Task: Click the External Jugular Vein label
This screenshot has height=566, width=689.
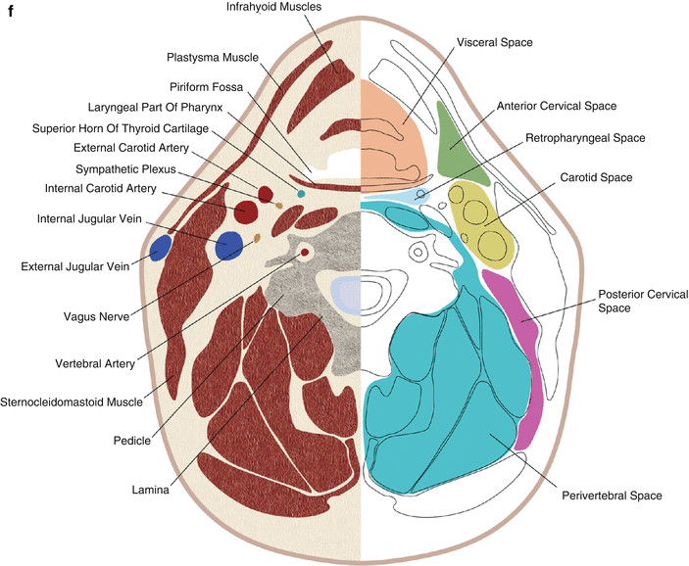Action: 63,264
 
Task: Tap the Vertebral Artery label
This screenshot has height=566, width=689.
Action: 87,362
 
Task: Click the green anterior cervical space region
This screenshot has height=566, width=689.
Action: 452,143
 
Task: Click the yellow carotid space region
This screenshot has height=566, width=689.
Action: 481,226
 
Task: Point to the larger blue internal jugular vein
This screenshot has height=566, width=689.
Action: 229,245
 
